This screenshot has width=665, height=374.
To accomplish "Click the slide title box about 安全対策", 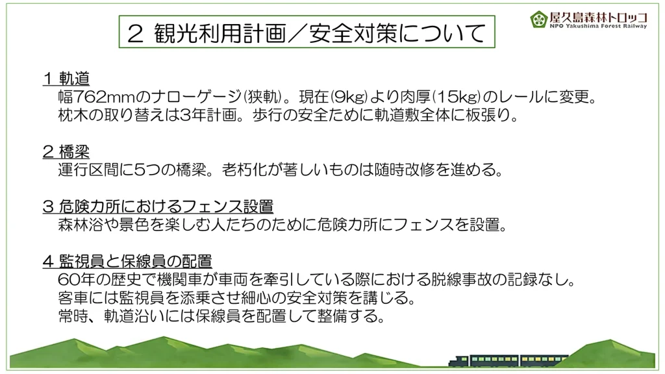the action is [307, 32].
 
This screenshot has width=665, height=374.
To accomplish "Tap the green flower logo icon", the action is [538, 19].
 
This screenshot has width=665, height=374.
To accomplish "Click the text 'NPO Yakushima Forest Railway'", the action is [598, 26].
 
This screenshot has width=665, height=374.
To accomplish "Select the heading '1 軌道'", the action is [66, 79].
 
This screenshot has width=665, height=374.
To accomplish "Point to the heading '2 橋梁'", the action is [66, 151].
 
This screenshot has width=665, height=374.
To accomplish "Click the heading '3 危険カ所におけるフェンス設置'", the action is [158, 206].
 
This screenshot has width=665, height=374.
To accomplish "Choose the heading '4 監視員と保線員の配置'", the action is [127, 261].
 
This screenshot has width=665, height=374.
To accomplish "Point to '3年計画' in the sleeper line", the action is [208, 116].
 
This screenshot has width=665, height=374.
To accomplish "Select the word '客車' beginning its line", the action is [73, 298].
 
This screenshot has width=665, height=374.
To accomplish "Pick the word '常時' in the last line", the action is [73, 316].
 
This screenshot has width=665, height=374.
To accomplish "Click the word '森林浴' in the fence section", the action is [81, 225].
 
